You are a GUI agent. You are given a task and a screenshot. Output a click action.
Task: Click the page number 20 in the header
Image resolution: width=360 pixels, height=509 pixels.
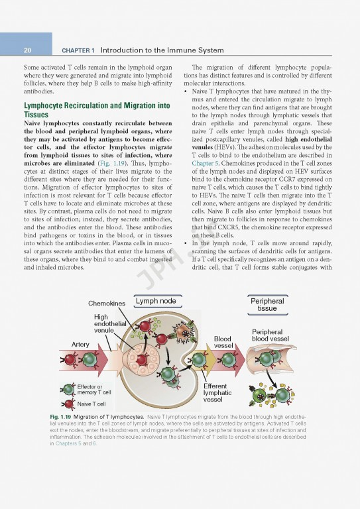click(27, 50)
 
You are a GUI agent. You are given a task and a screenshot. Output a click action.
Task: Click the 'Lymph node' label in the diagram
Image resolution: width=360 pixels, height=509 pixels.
click(156, 302)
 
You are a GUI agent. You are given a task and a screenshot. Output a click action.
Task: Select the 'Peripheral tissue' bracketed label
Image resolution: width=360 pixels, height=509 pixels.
click(267, 305)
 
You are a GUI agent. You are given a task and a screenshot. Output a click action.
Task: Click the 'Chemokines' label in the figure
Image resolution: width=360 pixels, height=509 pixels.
click(107, 304)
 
